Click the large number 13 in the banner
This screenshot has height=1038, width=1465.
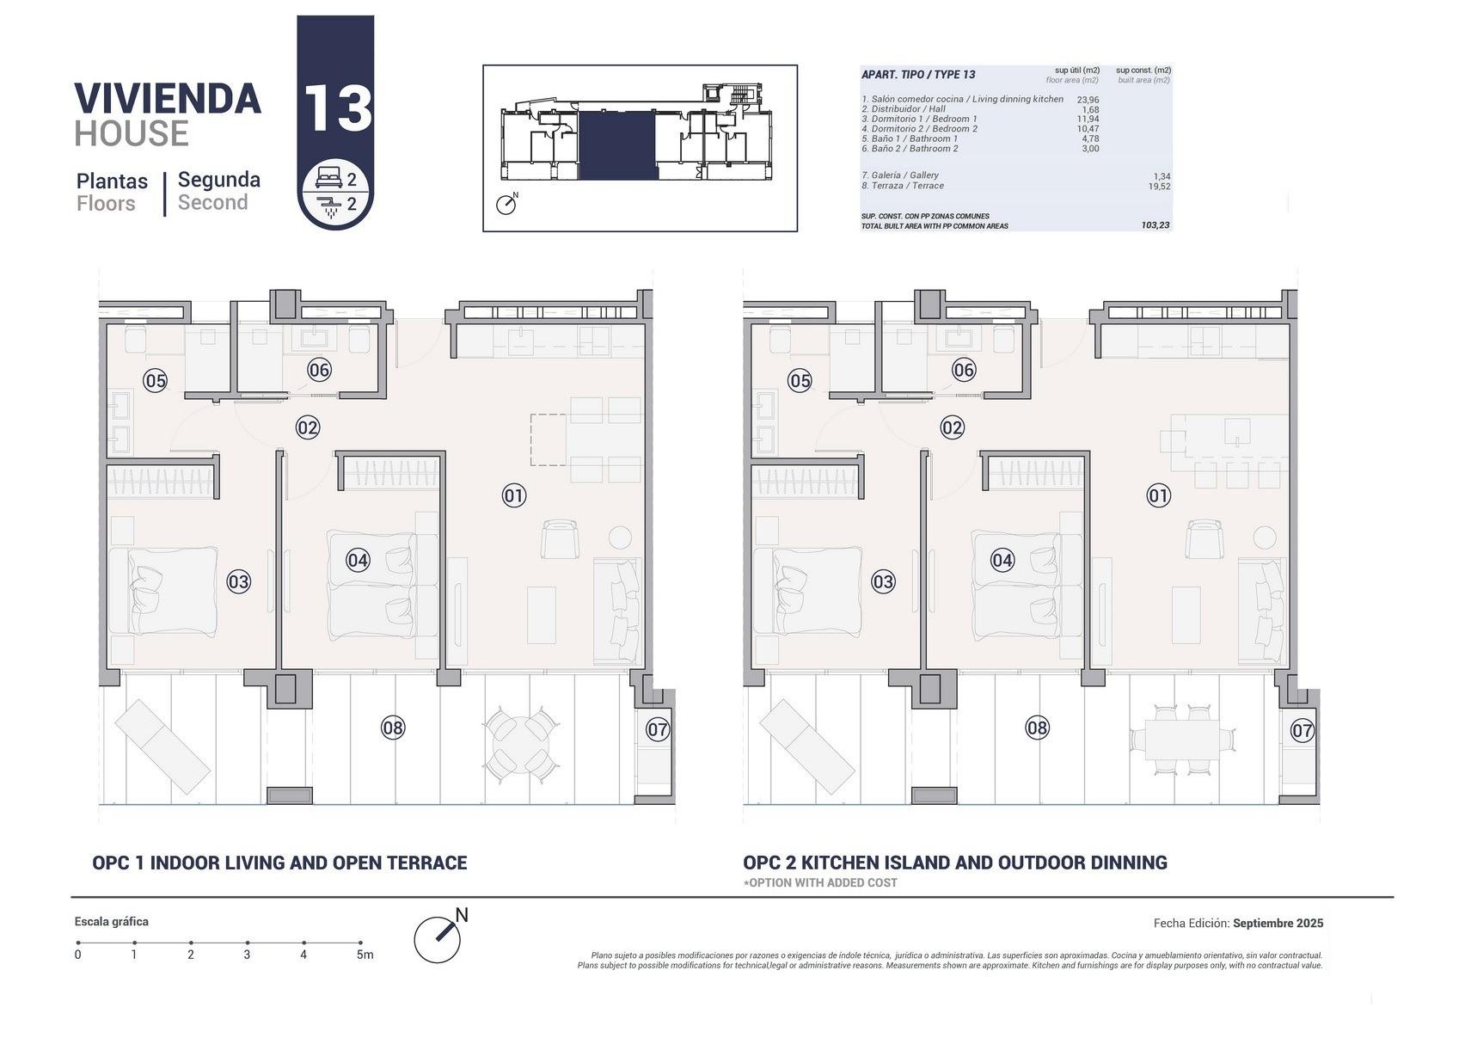coord(336,108)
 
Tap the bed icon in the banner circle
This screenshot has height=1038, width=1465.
coord(328,179)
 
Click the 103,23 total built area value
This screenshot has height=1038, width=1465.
coord(1155,225)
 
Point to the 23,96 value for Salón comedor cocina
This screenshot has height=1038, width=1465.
coord(1088,100)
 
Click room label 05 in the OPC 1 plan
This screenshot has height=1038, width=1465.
coord(155,380)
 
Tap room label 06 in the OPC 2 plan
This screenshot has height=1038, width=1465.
coord(964,370)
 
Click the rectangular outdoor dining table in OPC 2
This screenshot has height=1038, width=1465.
coord(1182,740)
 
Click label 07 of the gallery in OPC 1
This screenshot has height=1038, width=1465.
coord(658,730)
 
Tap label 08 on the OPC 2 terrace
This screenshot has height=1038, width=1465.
coord(1038,728)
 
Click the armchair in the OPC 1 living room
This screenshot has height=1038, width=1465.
coord(561,539)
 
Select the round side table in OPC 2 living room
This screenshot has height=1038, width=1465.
coord(1264,537)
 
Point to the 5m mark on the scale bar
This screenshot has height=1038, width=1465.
coord(361,943)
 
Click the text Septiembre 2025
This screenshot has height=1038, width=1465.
coord(1278,924)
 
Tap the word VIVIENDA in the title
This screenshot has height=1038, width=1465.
coord(168,99)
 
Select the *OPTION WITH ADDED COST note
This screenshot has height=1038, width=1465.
coord(821,882)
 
